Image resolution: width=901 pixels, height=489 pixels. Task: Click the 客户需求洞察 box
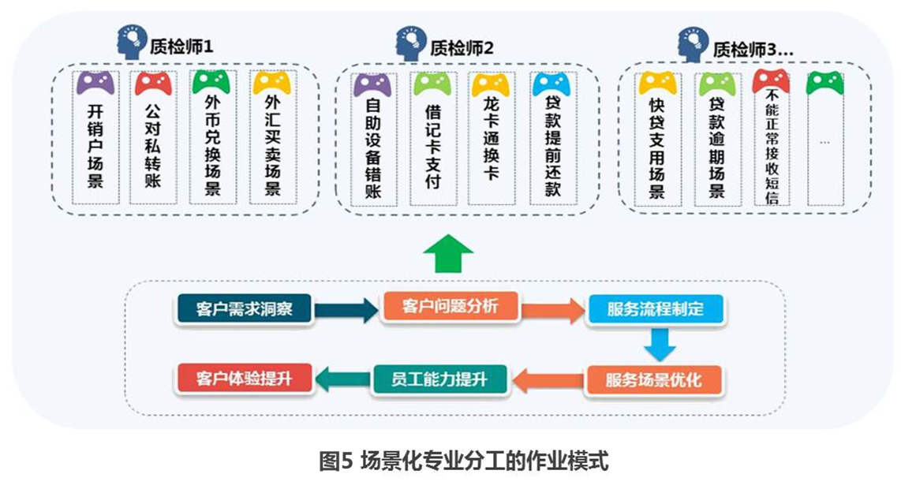245,309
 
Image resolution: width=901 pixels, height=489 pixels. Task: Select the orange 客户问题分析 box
450,306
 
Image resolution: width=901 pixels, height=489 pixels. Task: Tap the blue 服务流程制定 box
655,308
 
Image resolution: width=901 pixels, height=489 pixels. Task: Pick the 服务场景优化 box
653,381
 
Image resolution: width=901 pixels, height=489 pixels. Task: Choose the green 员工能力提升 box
439,379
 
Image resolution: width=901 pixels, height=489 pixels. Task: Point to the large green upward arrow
448,254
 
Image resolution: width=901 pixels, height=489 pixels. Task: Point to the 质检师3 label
753,49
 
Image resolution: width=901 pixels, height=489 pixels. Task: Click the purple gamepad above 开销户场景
95,83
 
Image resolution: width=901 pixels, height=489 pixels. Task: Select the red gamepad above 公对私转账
154,83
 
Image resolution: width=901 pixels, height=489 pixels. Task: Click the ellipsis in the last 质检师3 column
824,142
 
